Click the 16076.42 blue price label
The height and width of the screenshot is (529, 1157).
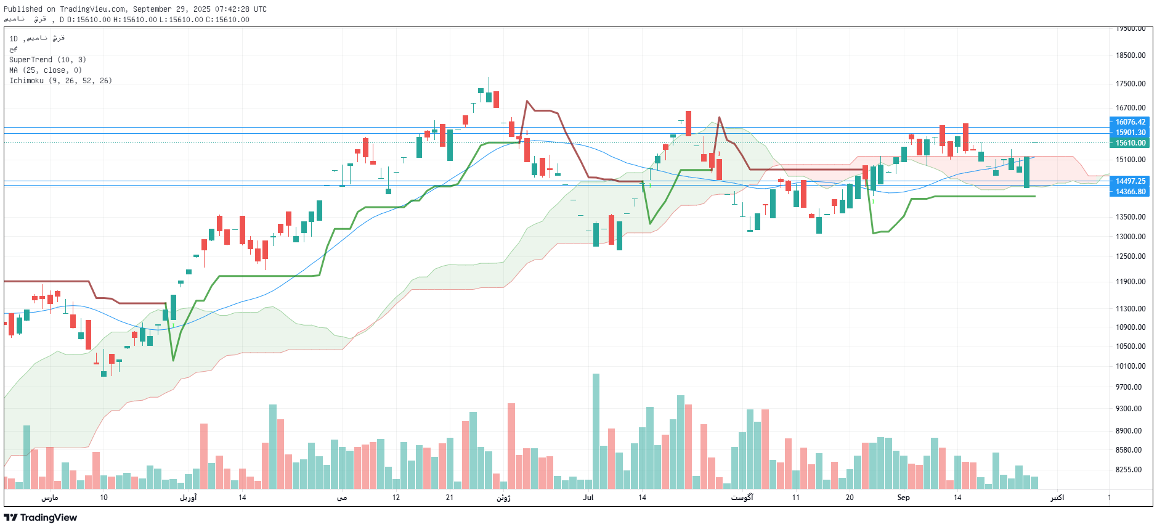[1131, 122]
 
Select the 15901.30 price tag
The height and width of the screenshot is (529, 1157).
[1131, 133]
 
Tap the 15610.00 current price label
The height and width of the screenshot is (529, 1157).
[1131, 143]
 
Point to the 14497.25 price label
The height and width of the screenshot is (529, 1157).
[1131, 181]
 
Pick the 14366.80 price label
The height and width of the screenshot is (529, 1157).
[1131, 192]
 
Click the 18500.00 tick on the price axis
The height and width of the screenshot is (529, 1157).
[1131, 55]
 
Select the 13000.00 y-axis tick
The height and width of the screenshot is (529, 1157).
[1131, 237]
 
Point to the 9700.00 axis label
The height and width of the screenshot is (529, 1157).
[1131, 387]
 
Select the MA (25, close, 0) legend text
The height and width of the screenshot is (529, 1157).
[46, 70]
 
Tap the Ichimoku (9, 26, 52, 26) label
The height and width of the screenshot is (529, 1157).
[60, 81]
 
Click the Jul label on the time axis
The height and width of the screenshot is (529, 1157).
[588, 498]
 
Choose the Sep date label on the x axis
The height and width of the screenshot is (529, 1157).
[903, 498]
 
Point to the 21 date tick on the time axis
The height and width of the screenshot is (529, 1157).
[450, 498]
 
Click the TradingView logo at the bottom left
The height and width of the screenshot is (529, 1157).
[41, 517]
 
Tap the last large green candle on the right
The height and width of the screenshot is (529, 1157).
[1026, 172]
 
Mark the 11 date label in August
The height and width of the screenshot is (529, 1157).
[796, 498]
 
